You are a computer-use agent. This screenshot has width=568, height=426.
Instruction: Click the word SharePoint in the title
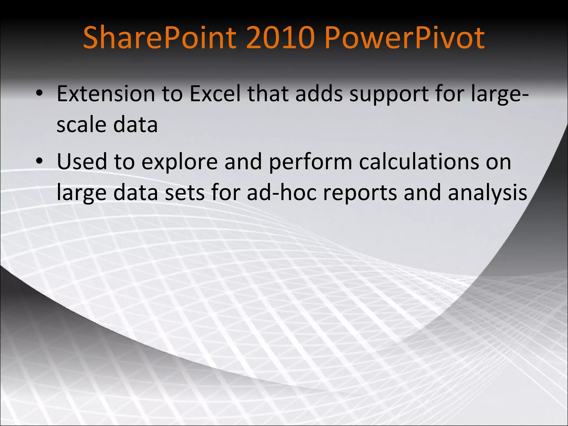click(x=159, y=37)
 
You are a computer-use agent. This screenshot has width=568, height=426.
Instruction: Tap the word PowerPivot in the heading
click(x=405, y=37)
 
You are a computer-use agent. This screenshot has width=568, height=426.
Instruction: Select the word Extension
click(x=106, y=94)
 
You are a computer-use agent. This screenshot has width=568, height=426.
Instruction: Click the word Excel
click(x=215, y=94)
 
